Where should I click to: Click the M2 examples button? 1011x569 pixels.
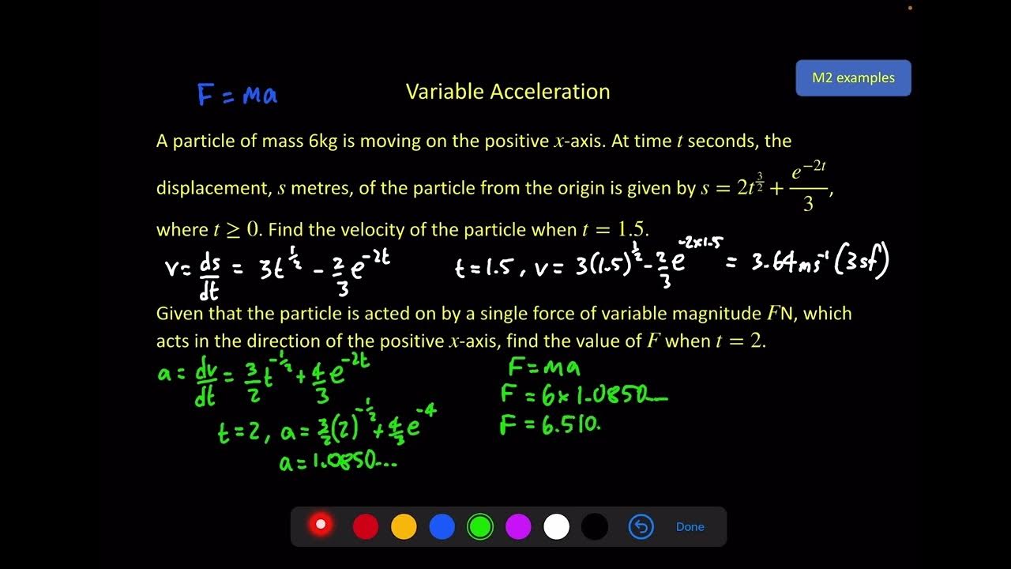coord(853,78)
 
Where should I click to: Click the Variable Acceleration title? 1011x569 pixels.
coord(508,92)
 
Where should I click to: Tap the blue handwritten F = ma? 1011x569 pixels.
coord(237,95)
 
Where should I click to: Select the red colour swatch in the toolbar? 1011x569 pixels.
coord(365,526)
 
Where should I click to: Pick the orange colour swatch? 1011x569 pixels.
coord(404,526)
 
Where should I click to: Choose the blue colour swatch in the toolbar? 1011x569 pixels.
coord(442,526)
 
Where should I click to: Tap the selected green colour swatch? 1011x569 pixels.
coord(479,526)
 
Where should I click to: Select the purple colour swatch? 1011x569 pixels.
coord(518,526)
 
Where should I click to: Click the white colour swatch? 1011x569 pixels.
coord(556,526)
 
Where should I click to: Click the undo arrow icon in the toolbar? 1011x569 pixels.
coord(641,526)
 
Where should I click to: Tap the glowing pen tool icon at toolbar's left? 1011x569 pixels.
coord(321,525)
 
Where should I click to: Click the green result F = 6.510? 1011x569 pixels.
coord(551,426)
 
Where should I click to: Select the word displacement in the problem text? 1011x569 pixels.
coord(212,189)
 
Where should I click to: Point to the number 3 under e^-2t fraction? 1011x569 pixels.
coord(808,205)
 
